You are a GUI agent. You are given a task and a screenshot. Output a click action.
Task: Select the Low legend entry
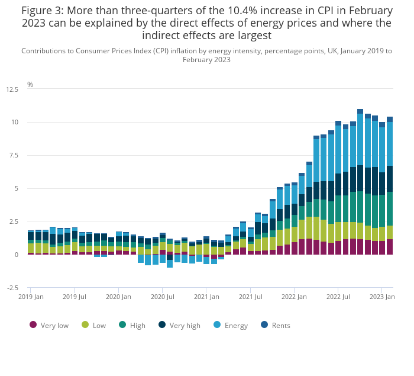click(95, 325)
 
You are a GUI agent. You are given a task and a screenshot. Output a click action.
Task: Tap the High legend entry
click(132, 325)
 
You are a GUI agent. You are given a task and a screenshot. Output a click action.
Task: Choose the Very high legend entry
click(180, 325)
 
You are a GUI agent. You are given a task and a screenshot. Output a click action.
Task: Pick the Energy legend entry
click(231, 325)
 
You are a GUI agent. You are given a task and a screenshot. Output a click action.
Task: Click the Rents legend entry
click(276, 325)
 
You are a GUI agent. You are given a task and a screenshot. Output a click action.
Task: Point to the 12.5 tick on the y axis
click(12, 89)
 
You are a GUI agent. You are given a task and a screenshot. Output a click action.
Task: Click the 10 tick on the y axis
click(15, 123)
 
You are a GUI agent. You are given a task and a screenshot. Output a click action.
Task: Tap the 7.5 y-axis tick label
click(14, 156)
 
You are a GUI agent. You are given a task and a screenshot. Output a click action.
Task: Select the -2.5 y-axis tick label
click(12, 288)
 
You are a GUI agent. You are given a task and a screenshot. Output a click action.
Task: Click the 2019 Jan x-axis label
click(31, 296)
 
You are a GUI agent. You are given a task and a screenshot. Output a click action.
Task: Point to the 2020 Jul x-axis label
click(163, 296)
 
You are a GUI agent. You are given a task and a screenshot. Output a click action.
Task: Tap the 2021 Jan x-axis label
click(207, 296)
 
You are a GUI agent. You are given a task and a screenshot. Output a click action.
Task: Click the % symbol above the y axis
click(30, 85)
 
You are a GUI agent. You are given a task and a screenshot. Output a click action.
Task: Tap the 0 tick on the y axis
click(17, 255)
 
